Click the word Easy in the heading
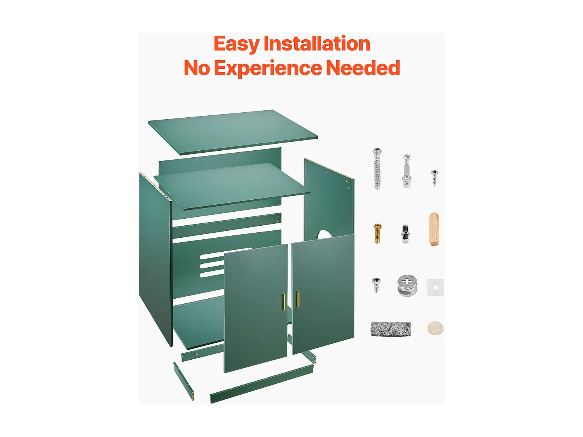(x=236, y=44)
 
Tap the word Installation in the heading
(x=317, y=44)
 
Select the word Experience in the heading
(x=268, y=68)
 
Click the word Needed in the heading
(x=363, y=68)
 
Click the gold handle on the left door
(x=283, y=302)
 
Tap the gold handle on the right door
(x=298, y=299)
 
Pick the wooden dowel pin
(x=434, y=229)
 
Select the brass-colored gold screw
(x=377, y=233)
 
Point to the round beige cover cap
(x=435, y=328)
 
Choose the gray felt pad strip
(x=391, y=329)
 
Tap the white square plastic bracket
(x=435, y=287)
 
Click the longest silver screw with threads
(x=377, y=169)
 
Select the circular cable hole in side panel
(x=324, y=234)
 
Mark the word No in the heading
(x=197, y=68)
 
